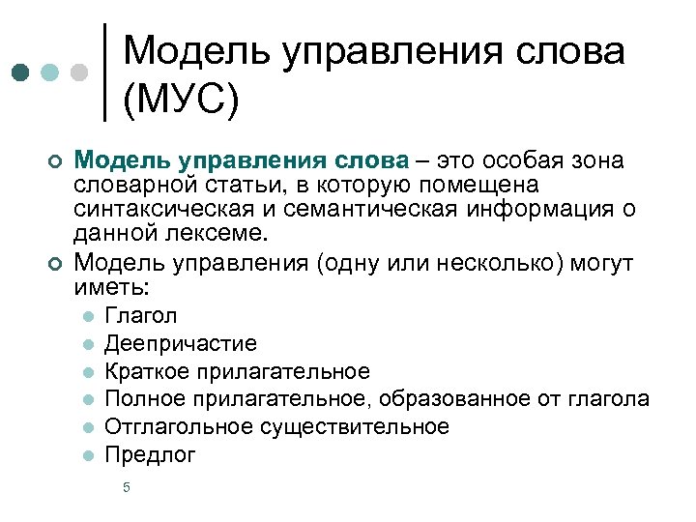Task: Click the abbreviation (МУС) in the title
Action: [x=181, y=98]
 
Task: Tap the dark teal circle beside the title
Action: [x=20, y=72]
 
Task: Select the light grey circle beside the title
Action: [x=81, y=72]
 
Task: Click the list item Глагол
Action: [x=141, y=315]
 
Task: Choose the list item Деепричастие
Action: [x=181, y=343]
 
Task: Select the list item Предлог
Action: [x=150, y=455]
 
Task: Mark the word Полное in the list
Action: [x=141, y=399]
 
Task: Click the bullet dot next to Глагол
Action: [x=88, y=316]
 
